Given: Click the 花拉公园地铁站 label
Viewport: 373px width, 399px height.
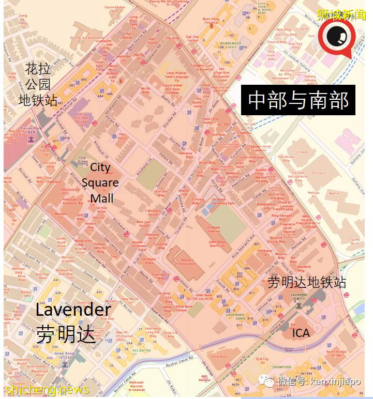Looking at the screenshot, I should click(x=38, y=84).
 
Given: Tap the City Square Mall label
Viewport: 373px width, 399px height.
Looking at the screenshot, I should click(x=100, y=182).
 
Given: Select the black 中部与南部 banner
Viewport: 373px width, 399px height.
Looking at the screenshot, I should click(x=298, y=100).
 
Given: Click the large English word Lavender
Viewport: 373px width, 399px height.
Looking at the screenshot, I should click(x=73, y=310).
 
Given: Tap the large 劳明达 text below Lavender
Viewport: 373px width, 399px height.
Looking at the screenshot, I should click(x=66, y=334).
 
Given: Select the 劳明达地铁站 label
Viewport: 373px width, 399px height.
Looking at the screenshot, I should click(x=307, y=282).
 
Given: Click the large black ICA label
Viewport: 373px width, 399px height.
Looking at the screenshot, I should click(x=301, y=333).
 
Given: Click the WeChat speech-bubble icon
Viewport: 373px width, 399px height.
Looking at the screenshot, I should click(x=267, y=382).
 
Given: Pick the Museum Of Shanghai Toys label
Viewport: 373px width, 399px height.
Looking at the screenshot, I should click(x=65, y=273).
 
